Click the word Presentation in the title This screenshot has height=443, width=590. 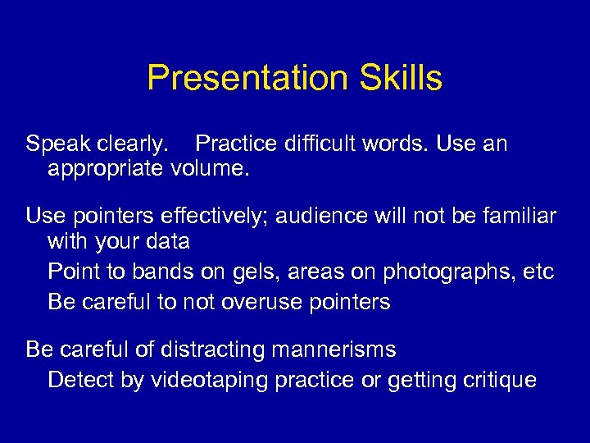(247, 79)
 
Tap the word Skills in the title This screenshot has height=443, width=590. (399, 79)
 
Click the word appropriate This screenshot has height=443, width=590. (107, 170)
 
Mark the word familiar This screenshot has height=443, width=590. (517, 217)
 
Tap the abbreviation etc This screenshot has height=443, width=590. (538, 271)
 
